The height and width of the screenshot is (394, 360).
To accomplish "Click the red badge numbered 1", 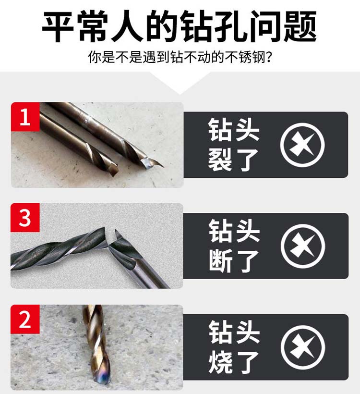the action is tap(25, 117).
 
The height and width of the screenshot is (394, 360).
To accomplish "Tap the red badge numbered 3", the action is tap(25, 217).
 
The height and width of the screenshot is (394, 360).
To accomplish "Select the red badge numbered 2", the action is tap(25, 319).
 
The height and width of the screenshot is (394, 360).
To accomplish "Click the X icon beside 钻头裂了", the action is tap(302, 145).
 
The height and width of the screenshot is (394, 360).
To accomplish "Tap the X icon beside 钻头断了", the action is tap(303, 246).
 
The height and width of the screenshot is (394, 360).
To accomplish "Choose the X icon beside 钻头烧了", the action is tap(303, 347).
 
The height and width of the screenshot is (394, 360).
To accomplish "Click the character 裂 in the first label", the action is tap(220, 160).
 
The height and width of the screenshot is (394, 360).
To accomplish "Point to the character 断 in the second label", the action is tap(220, 261).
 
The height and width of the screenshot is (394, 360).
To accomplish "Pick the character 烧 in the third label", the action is tap(220, 362).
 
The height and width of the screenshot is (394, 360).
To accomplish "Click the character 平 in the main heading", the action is tap(58, 26).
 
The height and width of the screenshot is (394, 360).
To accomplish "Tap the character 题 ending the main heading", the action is tap(300, 26).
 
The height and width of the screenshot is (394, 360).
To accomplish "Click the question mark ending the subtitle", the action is tap(269, 57).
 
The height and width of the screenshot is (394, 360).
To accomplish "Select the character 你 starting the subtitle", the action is tap(95, 57).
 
